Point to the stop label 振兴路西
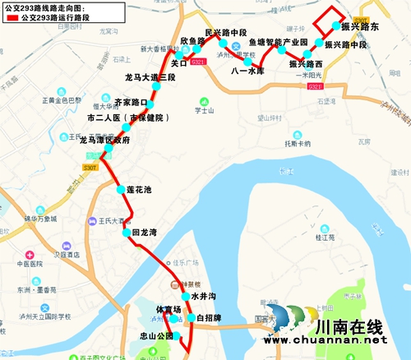click(x=306, y=63)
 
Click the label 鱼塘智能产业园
click(x=278, y=42)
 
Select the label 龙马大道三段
click(x=150, y=77)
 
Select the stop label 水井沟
click(x=202, y=295)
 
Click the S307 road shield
click(x=90, y=168)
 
